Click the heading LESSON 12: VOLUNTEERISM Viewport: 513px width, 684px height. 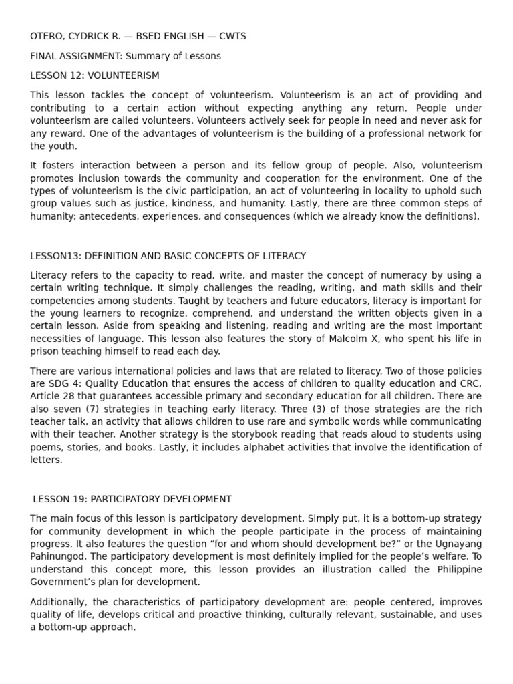pos(95,75)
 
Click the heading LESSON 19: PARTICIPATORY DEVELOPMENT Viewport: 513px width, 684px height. pos(132,499)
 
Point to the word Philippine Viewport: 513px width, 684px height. pos(459,570)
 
